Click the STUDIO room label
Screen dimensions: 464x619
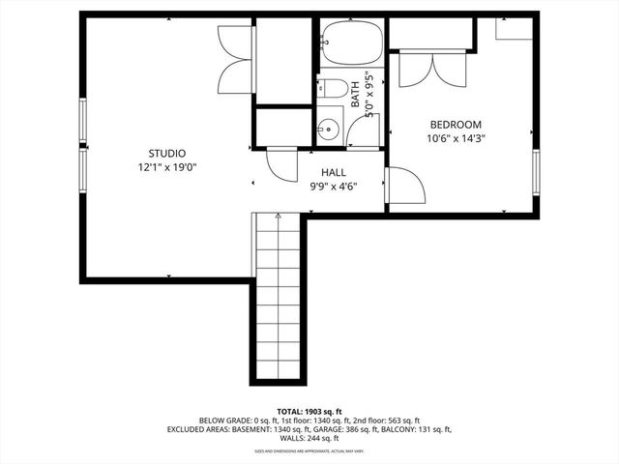coord(166,153)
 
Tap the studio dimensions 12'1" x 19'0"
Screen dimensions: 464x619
coord(166,166)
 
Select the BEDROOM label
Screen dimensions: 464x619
coord(456,125)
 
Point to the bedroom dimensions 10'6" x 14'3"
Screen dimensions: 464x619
coord(456,138)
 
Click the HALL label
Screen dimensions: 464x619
coord(320,172)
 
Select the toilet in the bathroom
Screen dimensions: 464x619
coord(333,89)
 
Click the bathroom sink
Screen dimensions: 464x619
coord(329,127)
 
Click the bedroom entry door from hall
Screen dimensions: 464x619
coord(404,186)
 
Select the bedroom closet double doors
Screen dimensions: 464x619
coord(431,69)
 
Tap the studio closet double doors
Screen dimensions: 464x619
coord(235,59)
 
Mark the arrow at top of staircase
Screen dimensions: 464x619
coord(279,217)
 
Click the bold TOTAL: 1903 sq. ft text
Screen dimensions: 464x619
coord(309,412)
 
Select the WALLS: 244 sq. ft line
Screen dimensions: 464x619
coord(309,438)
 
